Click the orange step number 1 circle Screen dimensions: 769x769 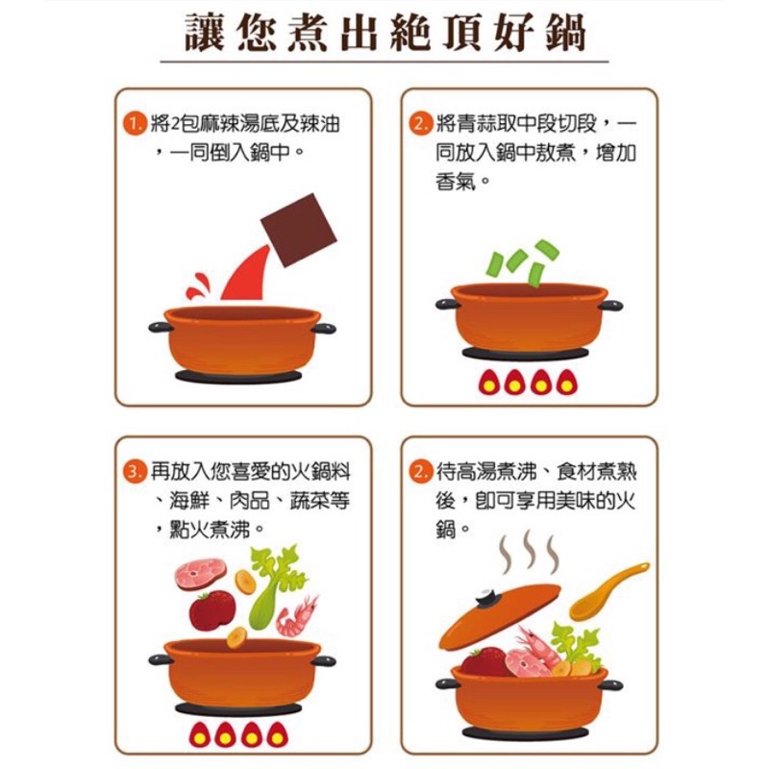pyautogui.click(x=135, y=124)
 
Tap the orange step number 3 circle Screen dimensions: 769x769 pyautogui.click(x=135, y=472)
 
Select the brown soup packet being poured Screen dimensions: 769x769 pyautogui.click(x=298, y=230)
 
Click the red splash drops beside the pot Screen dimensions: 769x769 pyautogui.click(x=197, y=286)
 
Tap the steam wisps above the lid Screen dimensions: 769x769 pyautogui.click(x=528, y=552)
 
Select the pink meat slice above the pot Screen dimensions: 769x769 pyautogui.click(x=201, y=575)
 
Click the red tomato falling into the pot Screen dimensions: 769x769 pyautogui.click(x=211, y=610)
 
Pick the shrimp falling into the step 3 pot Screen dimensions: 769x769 pyautogui.click(x=297, y=615)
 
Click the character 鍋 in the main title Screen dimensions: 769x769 pyautogui.click(x=565, y=34)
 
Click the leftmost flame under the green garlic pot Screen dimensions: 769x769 pyautogui.click(x=488, y=382)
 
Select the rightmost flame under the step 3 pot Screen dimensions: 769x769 pyautogui.click(x=278, y=734)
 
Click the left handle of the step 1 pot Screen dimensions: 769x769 pyautogui.click(x=161, y=327)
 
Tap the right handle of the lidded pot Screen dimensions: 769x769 pyautogui.click(x=610, y=685)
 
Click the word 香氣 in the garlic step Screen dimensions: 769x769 pyautogui.click(x=456, y=182)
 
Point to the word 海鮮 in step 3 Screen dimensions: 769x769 pyautogui.click(x=189, y=501)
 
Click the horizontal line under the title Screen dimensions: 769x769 pyautogui.click(x=384, y=62)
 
